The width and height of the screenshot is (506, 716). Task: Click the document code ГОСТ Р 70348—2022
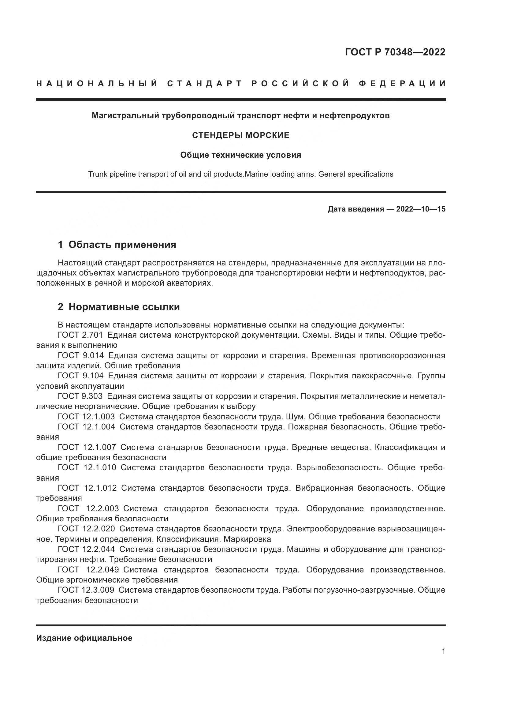[x=395, y=52]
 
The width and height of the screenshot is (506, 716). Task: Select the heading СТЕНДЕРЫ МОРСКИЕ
[x=240, y=135]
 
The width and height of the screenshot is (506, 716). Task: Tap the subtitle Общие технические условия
[x=240, y=155]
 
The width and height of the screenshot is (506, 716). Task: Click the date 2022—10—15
[x=421, y=209]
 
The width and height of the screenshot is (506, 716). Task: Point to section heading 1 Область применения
[x=117, y=245]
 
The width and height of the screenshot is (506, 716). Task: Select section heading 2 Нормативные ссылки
[x=119, y=307]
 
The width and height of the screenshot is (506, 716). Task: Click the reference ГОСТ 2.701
[x=80, y=335]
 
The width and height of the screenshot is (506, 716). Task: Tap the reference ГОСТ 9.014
[x=81, y=355]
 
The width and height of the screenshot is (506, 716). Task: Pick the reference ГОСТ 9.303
[x=80, y=396]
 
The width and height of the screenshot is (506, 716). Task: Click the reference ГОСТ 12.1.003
[x=86, y=417]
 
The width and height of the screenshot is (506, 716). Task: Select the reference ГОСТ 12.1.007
[x=87, y=447]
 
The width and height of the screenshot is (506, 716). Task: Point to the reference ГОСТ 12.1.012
[x=87, y=488]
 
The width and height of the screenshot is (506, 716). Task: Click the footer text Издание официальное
[x=84, y=638]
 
